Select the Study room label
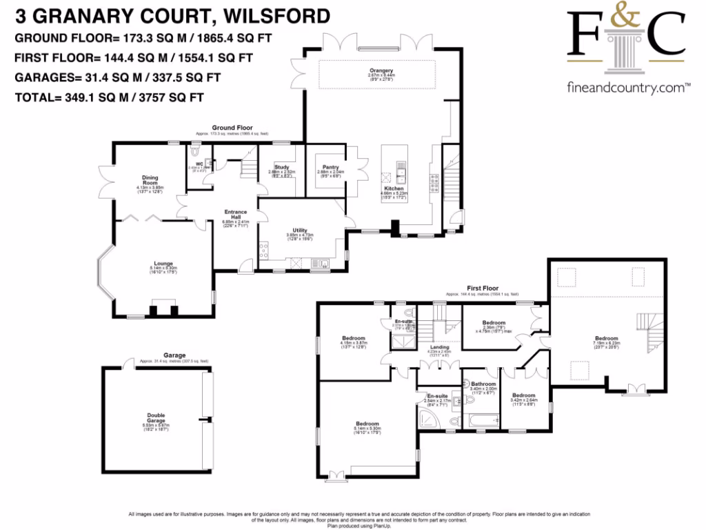pyautogui.click(x=281, y=166)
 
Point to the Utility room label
pyautogui.click(x=299, y=230)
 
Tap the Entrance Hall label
pyautogui.click(x=235, y=215)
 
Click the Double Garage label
pyautogui.click(x=156, y=418)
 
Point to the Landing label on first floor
pyautogui.click(x=440, y=347)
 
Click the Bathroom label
pyautogui.click(x=483, y=384)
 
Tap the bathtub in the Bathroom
pyautogui.click(x=483, y=420)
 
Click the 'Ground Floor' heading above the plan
pyautogui.click(x=232, y=128)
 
